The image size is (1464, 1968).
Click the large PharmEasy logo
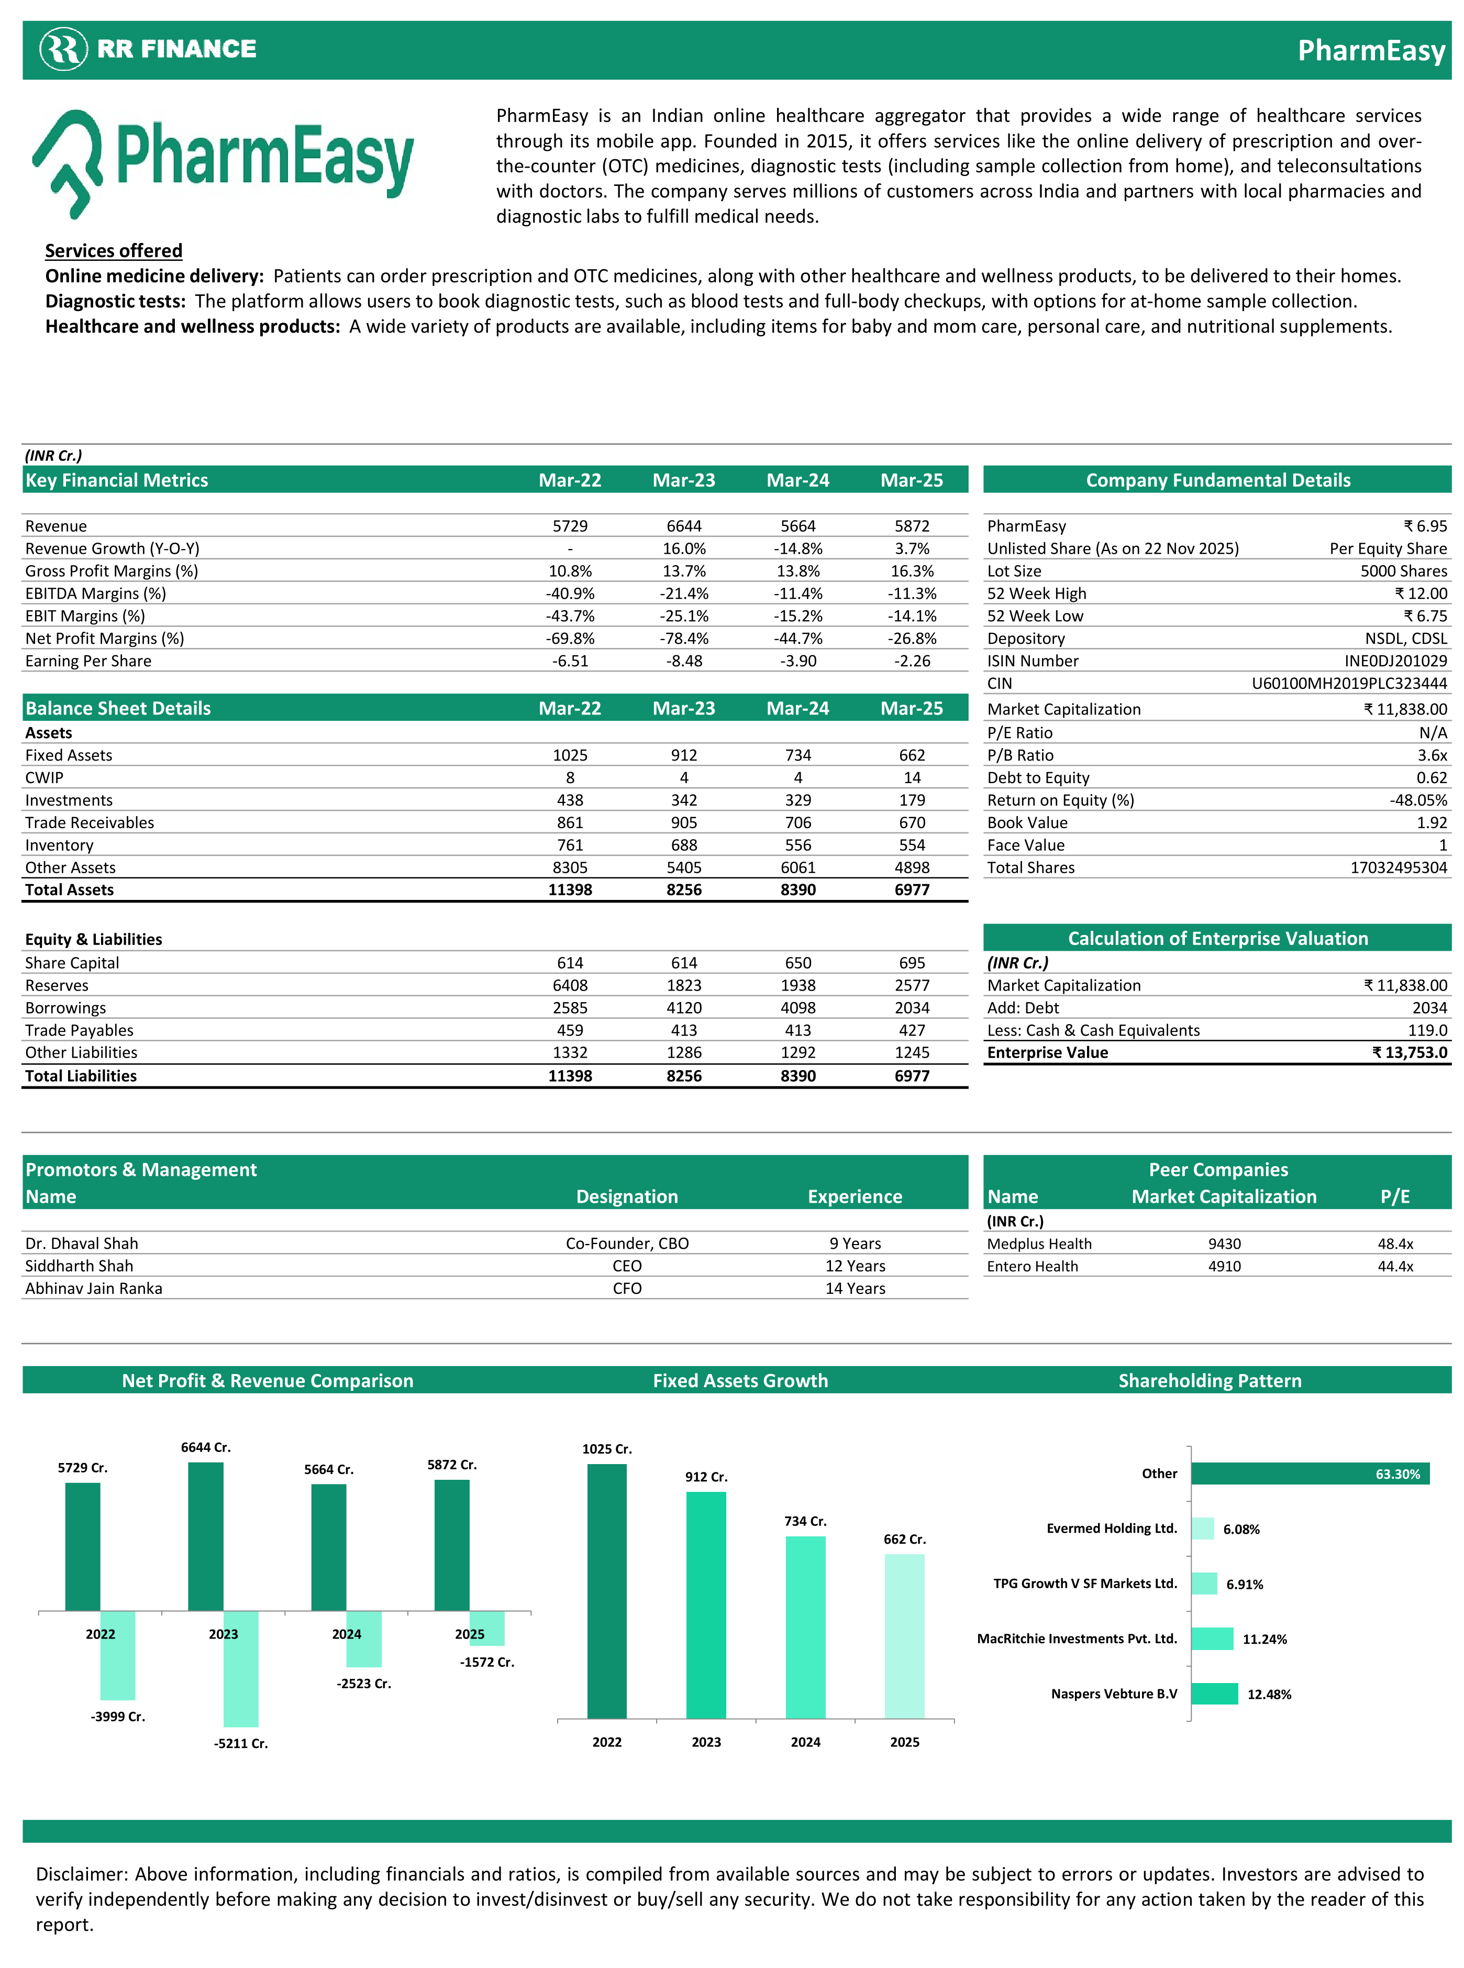[x=224, y=162]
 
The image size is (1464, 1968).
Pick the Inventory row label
[x=59, y=845]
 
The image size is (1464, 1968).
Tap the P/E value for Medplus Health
[x=1395, y=1244]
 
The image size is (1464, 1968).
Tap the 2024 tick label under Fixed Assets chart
[x=805, y=1742]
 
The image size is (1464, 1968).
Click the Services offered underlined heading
[x=114, y=251]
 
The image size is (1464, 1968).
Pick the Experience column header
[x=855, y=1197]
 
